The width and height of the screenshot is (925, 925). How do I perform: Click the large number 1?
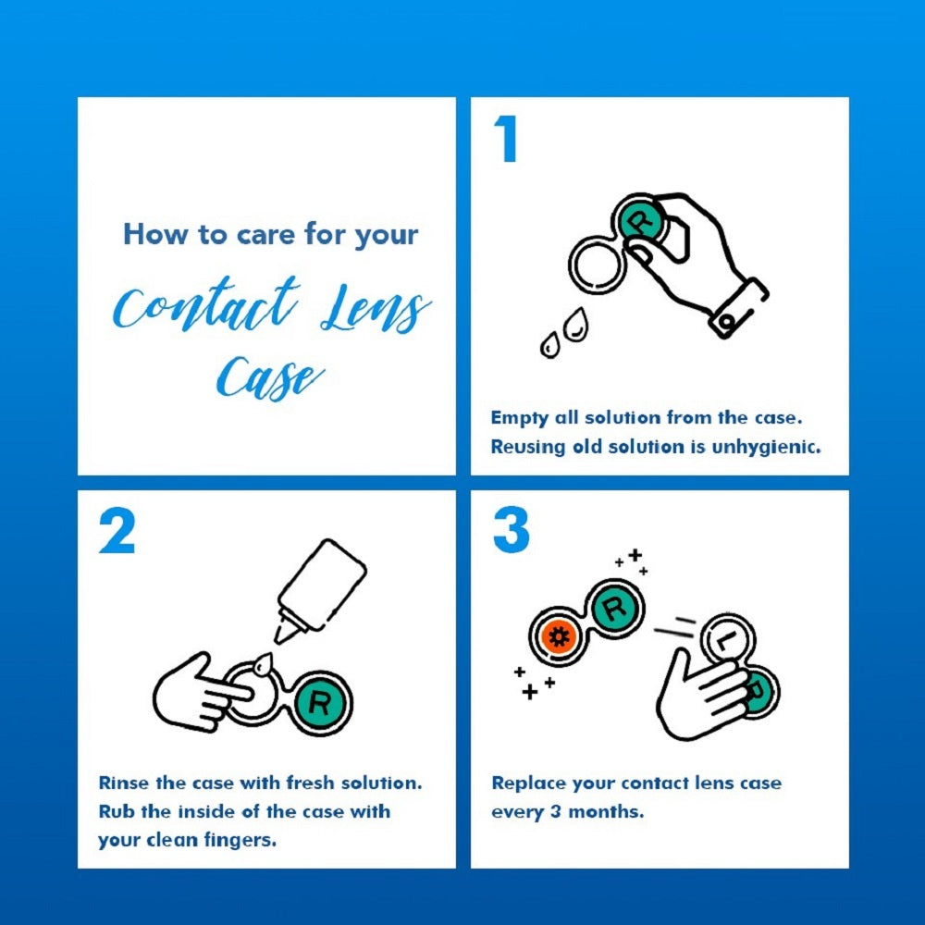click(506, 141)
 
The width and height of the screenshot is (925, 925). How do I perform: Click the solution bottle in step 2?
click(320, 585)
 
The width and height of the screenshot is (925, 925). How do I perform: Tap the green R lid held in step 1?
click(646, 222)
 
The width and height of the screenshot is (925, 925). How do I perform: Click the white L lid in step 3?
click(726, 640)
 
